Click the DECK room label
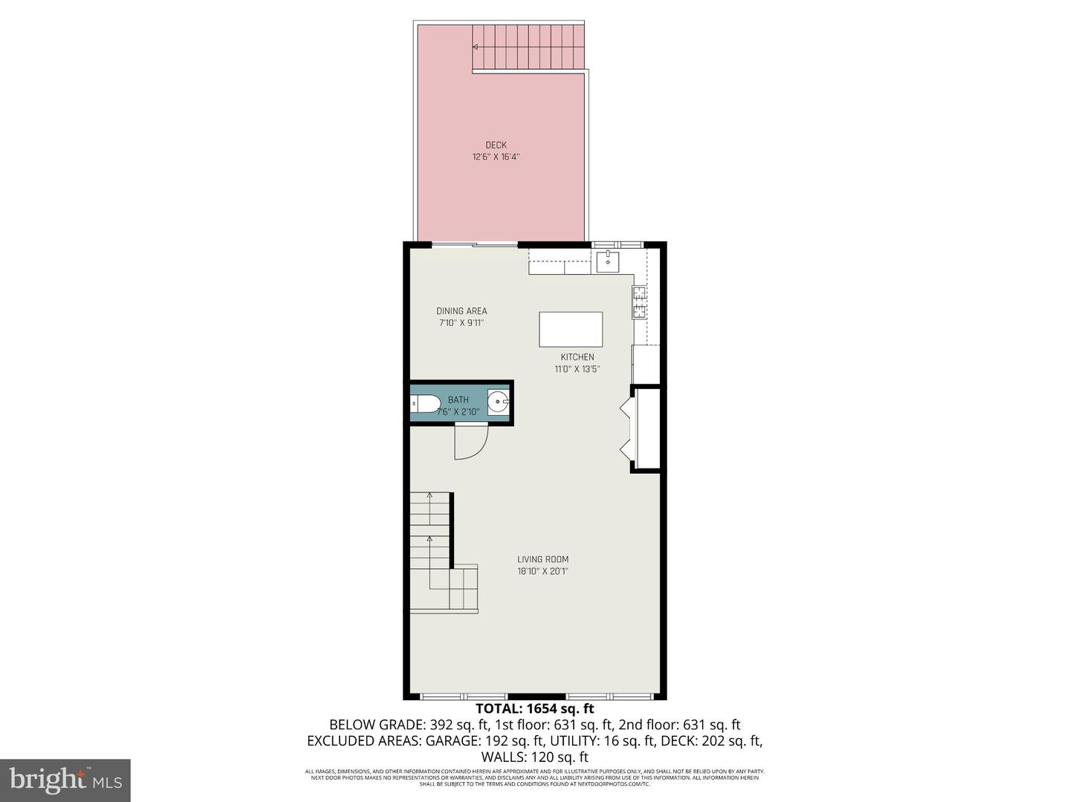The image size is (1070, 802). point(496,145)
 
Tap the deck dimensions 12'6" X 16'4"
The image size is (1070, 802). point(496,157)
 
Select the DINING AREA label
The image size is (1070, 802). point(461,311)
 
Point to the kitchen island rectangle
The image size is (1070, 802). point(571,329)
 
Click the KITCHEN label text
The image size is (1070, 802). point(577,357)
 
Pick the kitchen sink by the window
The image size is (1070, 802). point(608,260)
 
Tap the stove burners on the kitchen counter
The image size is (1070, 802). point(638,302)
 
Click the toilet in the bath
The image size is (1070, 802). point(425,405)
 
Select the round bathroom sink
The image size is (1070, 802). point(498,404)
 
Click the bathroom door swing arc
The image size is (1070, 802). point(470,442)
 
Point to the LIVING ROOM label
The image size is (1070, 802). point(543,559)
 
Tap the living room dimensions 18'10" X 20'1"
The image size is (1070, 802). point(543,571)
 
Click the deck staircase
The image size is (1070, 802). point(529,46)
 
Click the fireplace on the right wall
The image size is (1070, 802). point(643,429)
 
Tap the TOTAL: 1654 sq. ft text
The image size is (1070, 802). point(535,708)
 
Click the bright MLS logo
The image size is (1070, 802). point(65,780)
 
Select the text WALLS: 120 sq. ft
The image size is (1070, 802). point(535,757)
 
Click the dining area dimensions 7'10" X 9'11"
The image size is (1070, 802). point(461,323)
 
